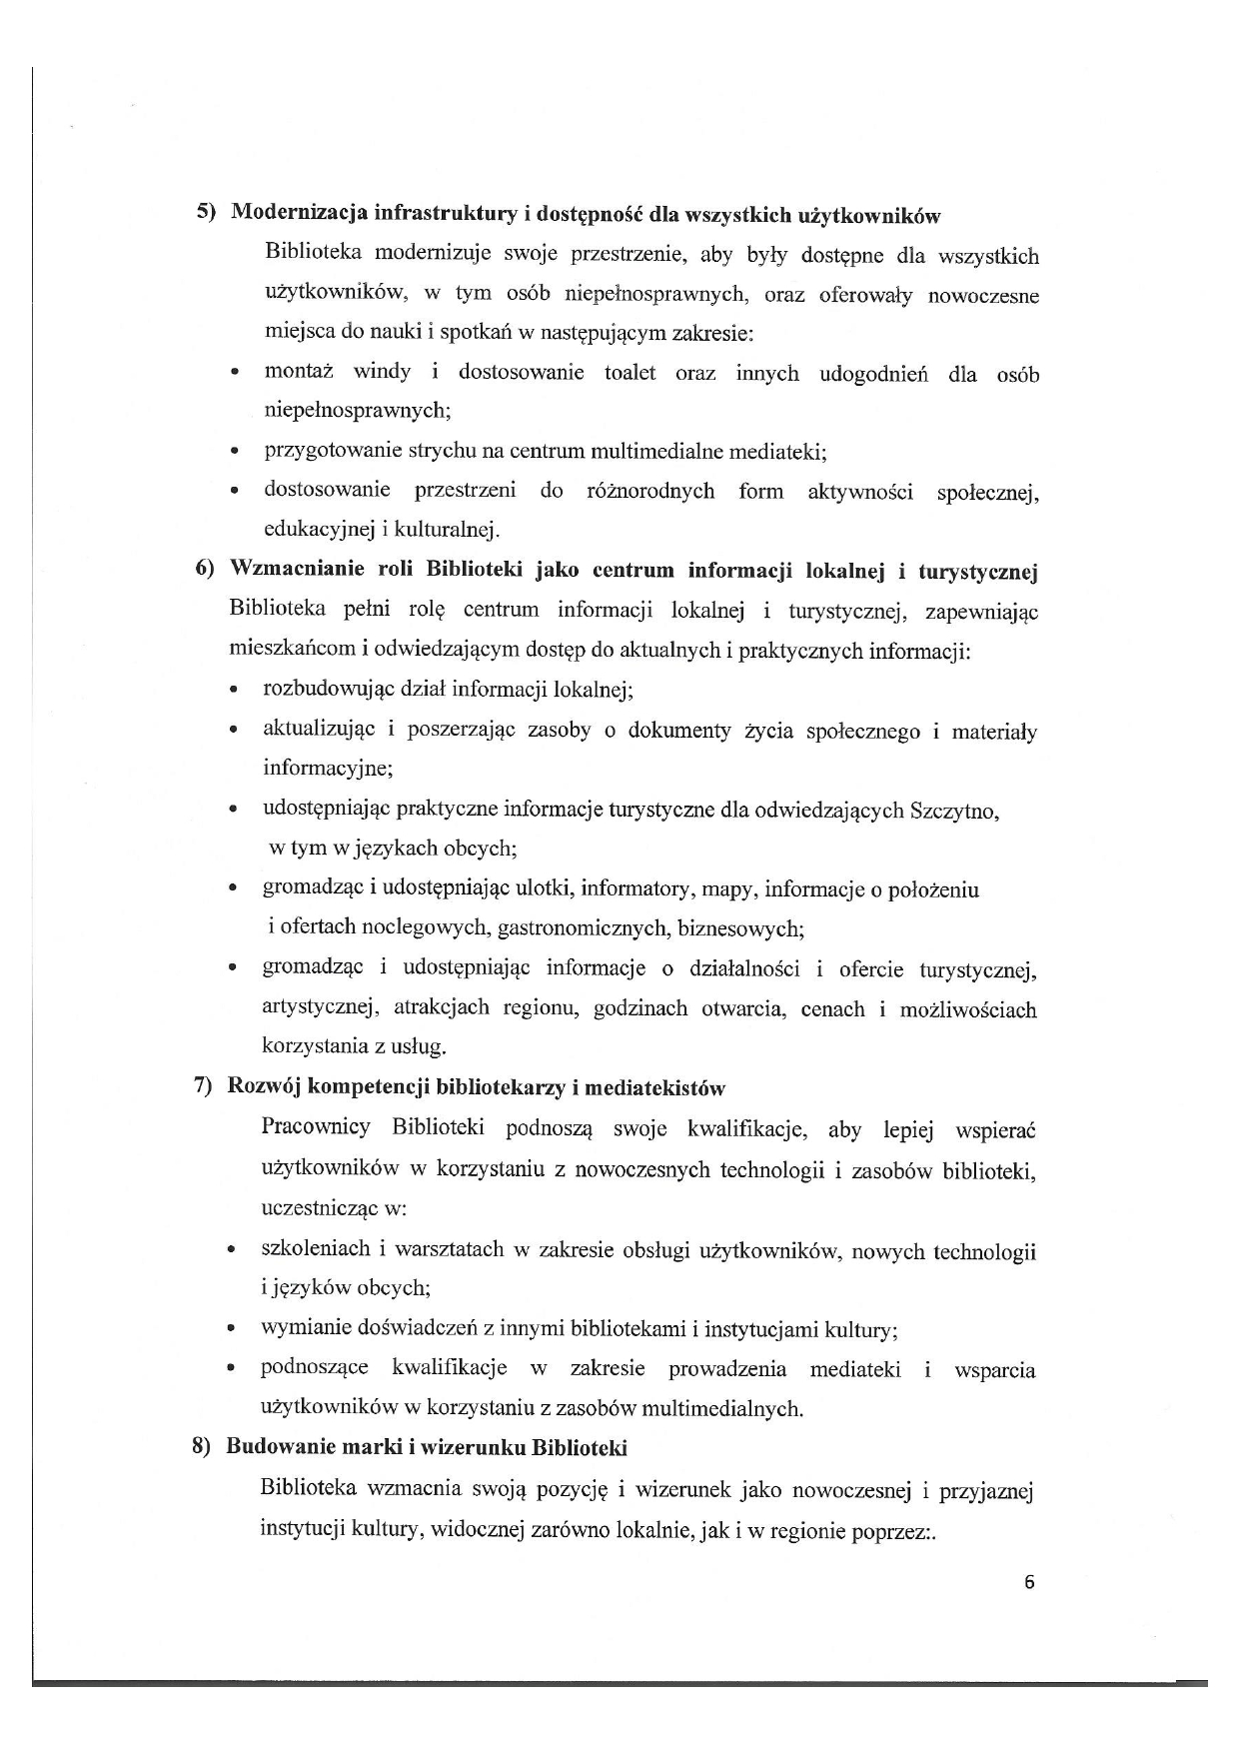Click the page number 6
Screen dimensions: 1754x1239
1029,1582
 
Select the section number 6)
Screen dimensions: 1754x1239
205,570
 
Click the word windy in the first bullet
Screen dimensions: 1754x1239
382,373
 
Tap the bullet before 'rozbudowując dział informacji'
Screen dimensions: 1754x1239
233,691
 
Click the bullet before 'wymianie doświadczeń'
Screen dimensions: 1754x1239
232,1330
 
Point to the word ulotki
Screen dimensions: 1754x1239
544,888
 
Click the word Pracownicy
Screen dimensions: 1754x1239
316,1127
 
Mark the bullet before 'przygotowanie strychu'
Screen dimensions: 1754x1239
234,452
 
